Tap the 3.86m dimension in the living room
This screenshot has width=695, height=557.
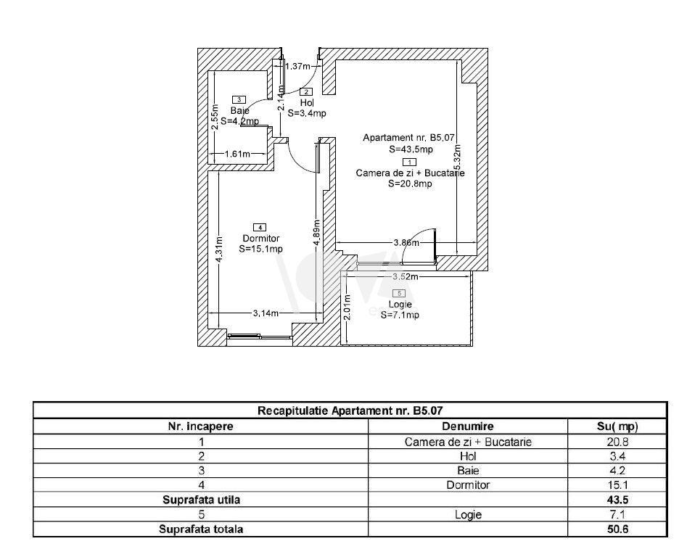click(406, 243)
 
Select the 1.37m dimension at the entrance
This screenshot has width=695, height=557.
click(297, 67)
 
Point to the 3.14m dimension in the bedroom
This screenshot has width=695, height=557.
click(266, 313)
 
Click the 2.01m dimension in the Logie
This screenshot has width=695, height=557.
click(347, 308)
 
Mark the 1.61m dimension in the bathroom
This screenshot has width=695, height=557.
click(237, 154)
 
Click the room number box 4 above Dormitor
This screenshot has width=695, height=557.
click(260, 228)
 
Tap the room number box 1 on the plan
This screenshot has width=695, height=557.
click(409, 162)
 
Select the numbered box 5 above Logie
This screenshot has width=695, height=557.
click(401, 294)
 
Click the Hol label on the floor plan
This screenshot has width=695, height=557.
click(306, 103)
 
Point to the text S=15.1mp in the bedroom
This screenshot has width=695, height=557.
click(260, 249)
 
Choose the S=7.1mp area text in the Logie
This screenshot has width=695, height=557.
click(400, 315)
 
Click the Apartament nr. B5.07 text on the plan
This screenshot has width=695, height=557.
click(408, 137)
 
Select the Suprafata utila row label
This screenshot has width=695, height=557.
click(201, 500)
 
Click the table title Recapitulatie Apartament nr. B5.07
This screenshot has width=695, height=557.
click(350, 410)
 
